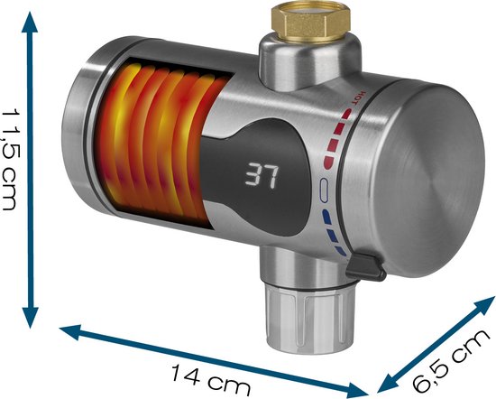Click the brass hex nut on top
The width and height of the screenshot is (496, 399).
coord(311,23)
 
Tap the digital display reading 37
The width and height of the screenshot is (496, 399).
coord(262,175)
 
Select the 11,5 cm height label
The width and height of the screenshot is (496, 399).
coord(13,159)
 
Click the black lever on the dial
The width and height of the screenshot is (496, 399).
coord(366,266)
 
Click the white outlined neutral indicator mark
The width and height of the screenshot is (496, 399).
coord(324,190)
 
